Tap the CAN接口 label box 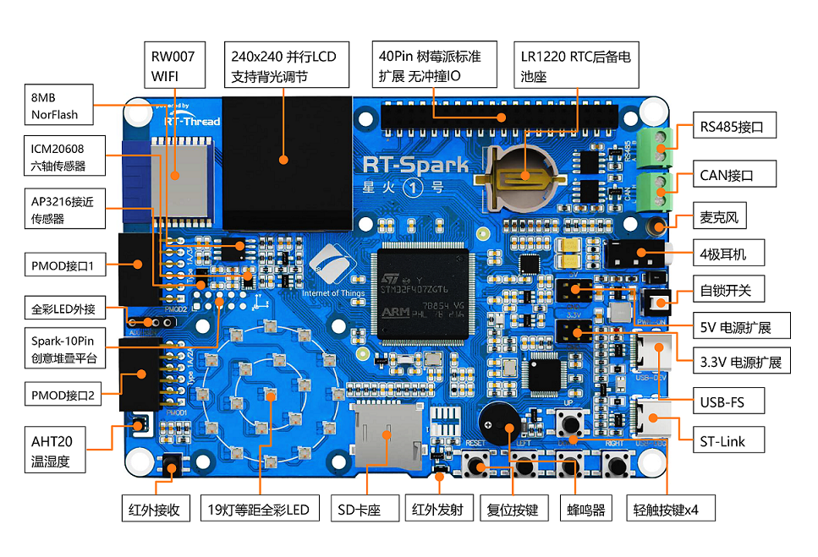726,176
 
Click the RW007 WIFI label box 174,66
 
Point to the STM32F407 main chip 423,292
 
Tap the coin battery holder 521,177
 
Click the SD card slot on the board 386,434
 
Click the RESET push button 480,465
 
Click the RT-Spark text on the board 414,164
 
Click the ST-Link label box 721,440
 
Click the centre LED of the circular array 269,394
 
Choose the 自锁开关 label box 727,291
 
